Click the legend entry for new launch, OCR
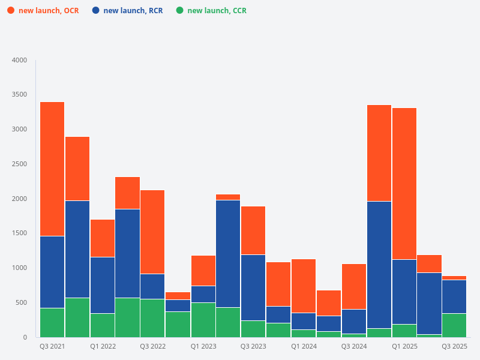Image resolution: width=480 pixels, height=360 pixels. [x=43, y=11]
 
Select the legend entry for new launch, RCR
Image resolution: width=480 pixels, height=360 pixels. [x=127, y=11]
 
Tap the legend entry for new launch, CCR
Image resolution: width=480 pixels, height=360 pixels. [x=211, y=11]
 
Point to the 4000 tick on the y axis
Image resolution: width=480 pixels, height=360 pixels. [x=19, y=61]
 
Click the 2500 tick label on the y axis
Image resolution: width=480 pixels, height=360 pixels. [x=19, y=164]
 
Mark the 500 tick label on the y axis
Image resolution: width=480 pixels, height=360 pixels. [x=21, y=303]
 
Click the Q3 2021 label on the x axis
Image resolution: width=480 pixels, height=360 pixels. [x=52, y=347]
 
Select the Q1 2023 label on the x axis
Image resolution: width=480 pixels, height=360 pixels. [x=203, y=347]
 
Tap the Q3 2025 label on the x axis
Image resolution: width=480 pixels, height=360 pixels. [x=454, y=347]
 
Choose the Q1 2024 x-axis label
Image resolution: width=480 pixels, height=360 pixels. [x=304, y=347]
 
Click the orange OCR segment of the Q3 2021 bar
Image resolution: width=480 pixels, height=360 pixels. [x=52, y=169]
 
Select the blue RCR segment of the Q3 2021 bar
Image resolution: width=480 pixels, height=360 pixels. [x=52, y=272]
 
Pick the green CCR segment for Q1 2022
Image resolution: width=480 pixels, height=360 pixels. [x=103, y=325]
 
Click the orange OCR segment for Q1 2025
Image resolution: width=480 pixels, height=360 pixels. [x=404, y=184]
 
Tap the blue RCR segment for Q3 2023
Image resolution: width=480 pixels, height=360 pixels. [x=253, y=287]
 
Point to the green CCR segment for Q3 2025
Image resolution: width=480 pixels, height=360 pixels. [x=454, y=325]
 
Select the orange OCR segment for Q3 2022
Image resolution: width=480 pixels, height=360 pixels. [x=152, y=232]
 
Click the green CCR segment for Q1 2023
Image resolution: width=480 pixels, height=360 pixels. [x=203, y=320]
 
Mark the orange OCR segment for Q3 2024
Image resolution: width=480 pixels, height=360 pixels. [x=354, y=286]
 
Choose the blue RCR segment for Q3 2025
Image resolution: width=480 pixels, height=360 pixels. [x=454, y=296]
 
